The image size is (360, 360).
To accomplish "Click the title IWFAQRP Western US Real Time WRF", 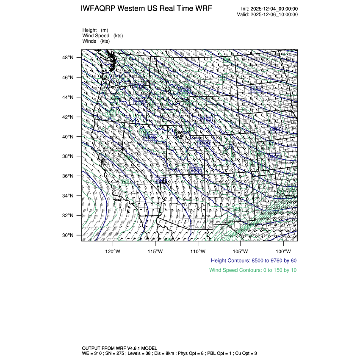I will tap(146, 9).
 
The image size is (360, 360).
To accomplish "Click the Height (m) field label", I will tap(95, 30).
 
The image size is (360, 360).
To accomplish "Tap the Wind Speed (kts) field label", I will tap(102, 36).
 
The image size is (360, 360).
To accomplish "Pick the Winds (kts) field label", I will tap(96, 41).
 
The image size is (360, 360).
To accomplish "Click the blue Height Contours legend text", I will tap(254, 260).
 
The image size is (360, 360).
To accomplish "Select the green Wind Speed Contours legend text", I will tap(253, 270).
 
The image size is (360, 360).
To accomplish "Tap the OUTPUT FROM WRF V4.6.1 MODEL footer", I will tap(119, 348).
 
